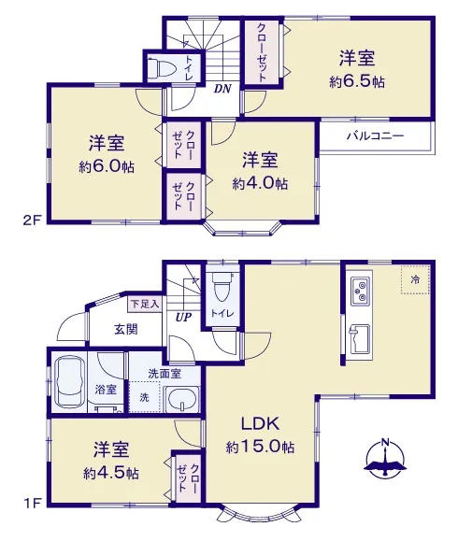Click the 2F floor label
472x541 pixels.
point(33,221)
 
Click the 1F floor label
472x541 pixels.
point(33,504)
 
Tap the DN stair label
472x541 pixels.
point(222,89)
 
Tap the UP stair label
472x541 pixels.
point(183,317)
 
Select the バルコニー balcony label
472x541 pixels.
point(376,135)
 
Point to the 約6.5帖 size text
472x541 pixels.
point(357,82)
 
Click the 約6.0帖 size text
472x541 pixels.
point(107,167)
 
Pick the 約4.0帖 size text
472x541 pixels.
point(260,183)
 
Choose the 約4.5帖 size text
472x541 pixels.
point(111,473)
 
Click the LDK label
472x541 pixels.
point(260,423)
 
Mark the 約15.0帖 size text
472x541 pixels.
point(260,448)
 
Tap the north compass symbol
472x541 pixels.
point(385,459)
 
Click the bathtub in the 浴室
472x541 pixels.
point(70,381)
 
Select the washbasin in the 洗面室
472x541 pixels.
point(182,400)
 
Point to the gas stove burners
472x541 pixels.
point(362,291)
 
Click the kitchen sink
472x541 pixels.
point(360,339)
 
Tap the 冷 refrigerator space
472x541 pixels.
point(415,279)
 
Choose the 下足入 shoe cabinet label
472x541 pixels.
point(145,304)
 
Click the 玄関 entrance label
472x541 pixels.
point(126,330)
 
